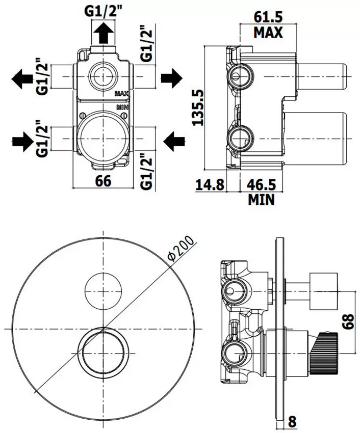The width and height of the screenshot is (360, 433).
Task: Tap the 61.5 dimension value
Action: pyautogui.click(x=268, y=16)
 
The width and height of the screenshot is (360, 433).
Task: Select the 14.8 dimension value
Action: pyautogui.click(x=210, y=184)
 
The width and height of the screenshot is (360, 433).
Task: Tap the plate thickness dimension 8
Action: pyautogui.click(x=292, y=422)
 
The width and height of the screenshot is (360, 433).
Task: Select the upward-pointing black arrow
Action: pyautogui.click(x=104, y=34)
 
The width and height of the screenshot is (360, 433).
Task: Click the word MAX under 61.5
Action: pyautogui.click(x=268, y=33)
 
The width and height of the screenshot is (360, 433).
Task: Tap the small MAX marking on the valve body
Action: pyautogui.click(x=121, y=94)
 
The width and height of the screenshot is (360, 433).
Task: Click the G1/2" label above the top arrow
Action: pyautogui.click(x=103, y=11)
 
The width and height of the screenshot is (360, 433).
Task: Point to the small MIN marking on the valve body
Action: pyautogui.click(x=122, y=107)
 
